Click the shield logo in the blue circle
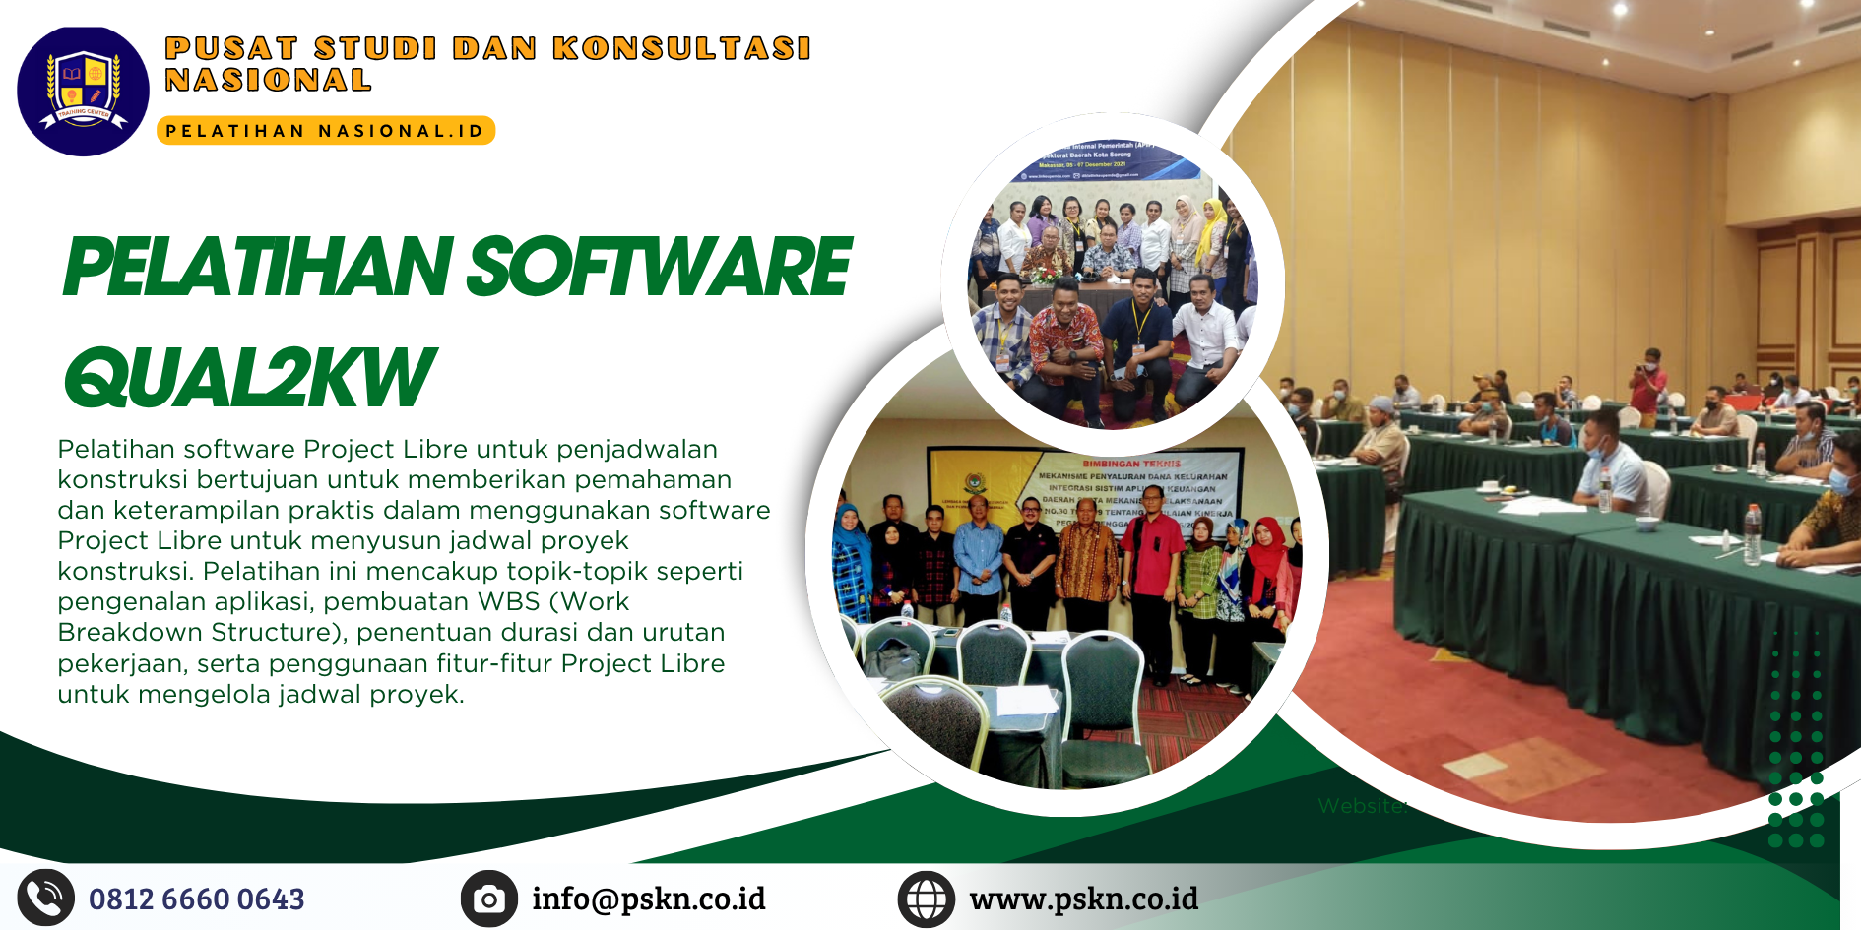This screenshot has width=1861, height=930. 83,90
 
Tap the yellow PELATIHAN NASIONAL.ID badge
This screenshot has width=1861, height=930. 325,131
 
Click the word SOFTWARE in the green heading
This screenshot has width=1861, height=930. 658,268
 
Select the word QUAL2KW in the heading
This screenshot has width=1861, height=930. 248,378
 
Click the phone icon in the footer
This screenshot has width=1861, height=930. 45,898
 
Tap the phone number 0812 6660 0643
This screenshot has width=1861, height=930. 197,899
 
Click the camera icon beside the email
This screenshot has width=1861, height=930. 488,899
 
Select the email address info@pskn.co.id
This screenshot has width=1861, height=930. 648,899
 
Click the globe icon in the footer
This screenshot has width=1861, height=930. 926,899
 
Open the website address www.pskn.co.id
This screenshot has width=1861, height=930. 1083,899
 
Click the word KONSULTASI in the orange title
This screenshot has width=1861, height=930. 681,48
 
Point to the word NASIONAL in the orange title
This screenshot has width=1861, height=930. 268,81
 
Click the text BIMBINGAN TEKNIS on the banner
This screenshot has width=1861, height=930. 1131,463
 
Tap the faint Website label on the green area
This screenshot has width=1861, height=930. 1362,806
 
